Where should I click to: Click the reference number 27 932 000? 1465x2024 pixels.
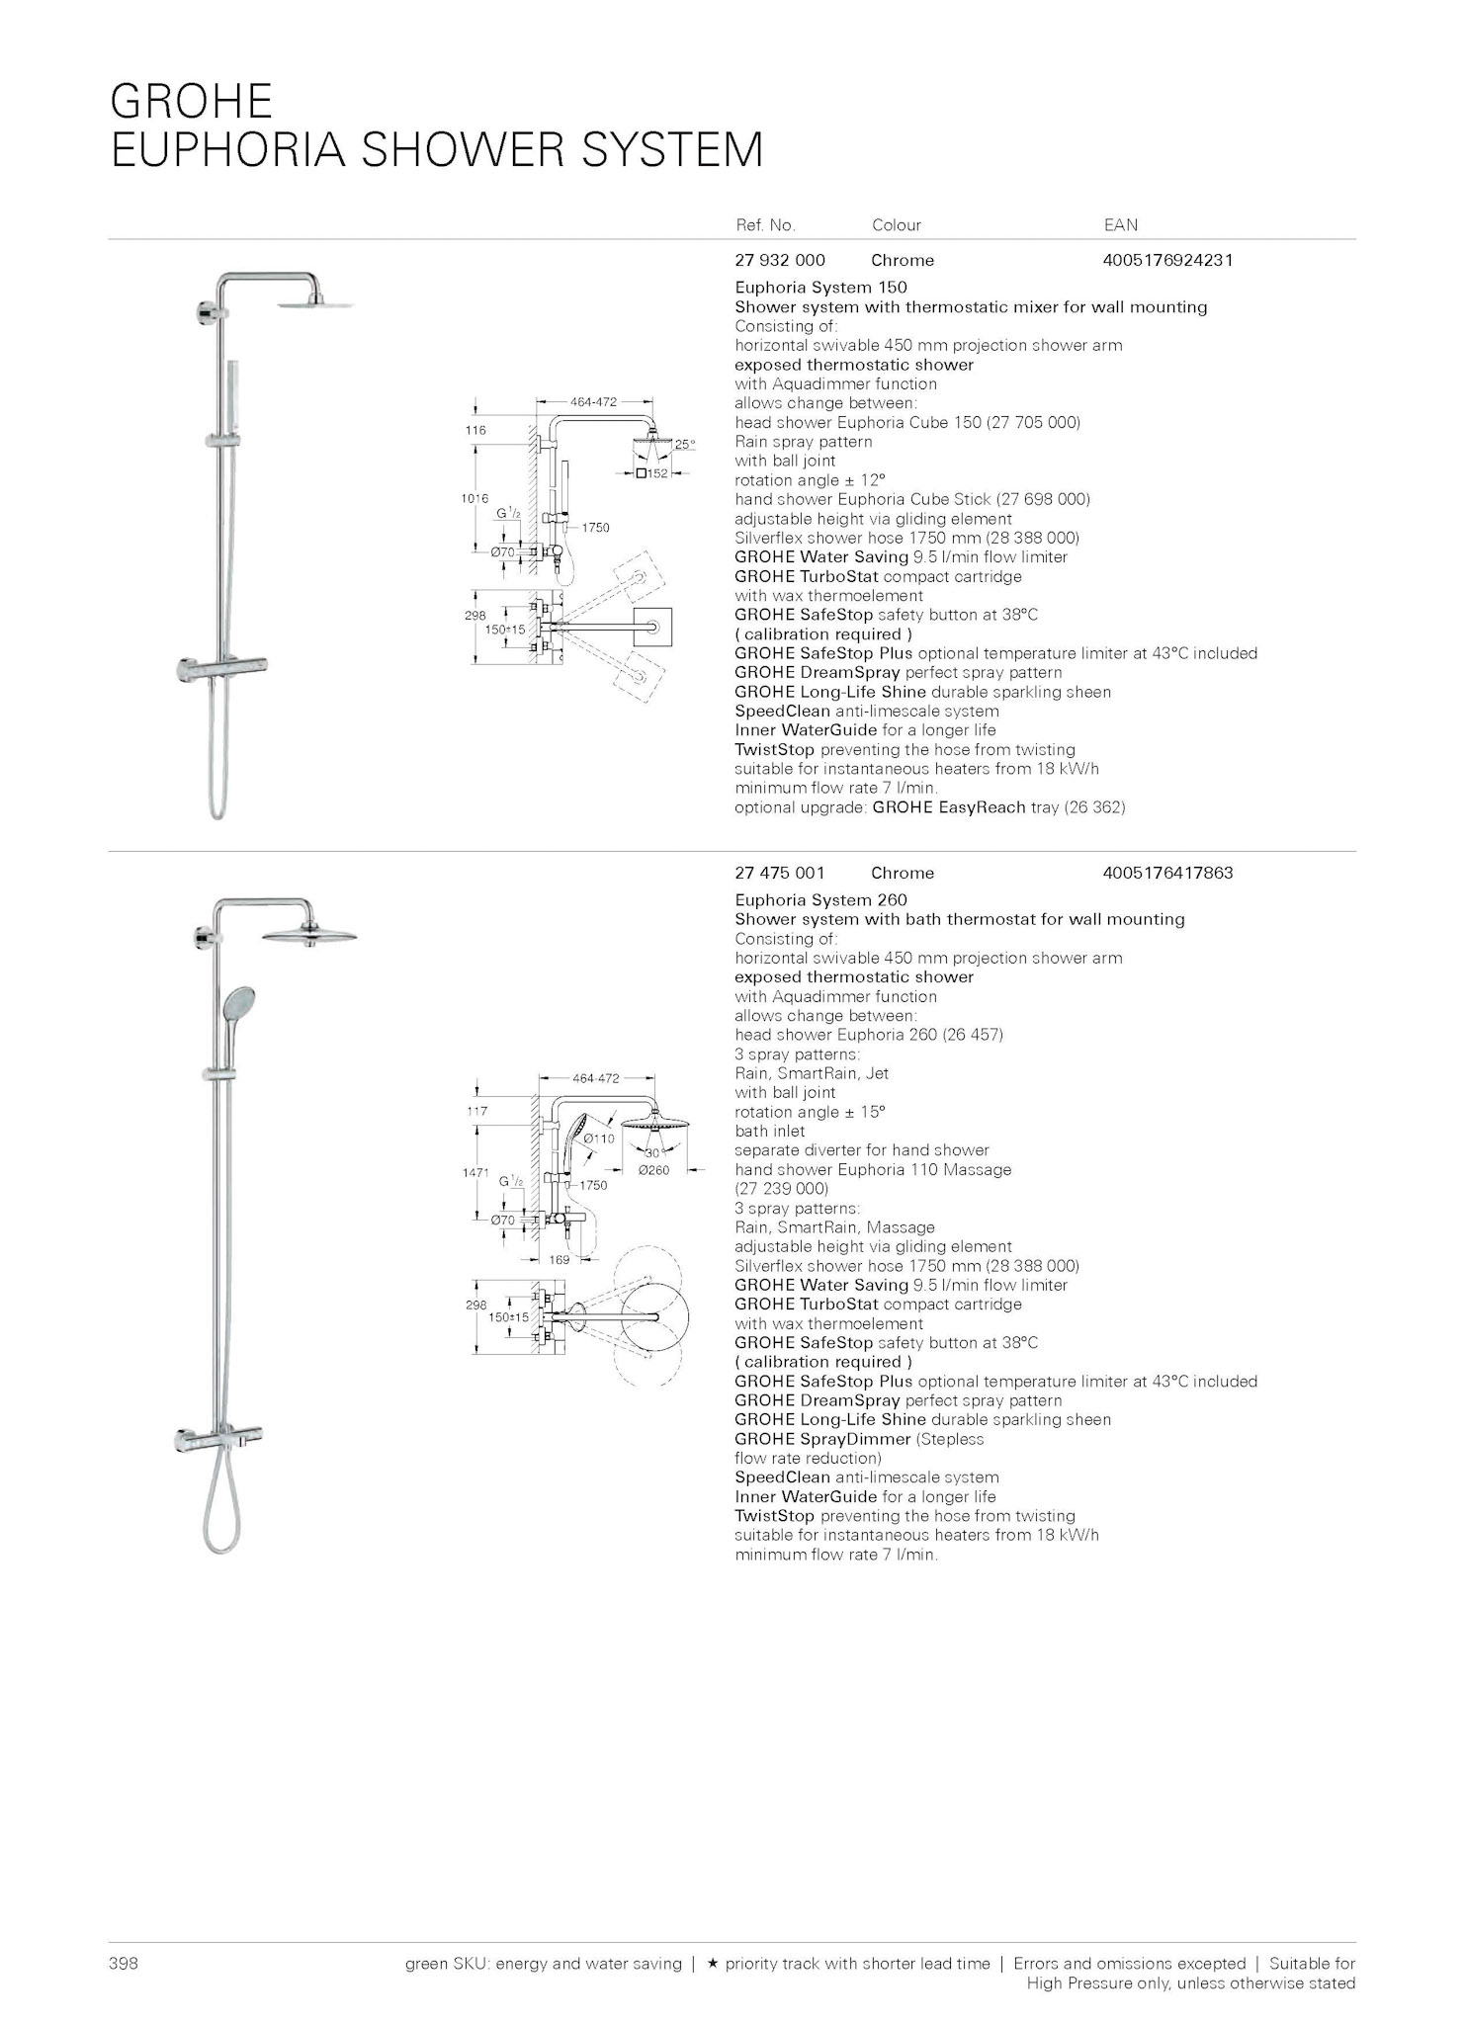[780, 261]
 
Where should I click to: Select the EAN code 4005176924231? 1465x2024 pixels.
[1167, 261]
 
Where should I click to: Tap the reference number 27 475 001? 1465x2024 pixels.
[780, 874]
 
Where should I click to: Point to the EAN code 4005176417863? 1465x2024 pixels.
[1167, 874]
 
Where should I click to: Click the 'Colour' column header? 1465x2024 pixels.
[896, 225]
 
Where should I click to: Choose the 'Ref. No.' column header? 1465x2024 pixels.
[765, 225]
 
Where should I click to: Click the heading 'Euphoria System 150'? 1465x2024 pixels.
[820, 288]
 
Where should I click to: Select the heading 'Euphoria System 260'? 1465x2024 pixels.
[820, 900]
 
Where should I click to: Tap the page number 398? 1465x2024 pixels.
[123, 1964]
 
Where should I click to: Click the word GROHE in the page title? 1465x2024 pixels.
[191, 102]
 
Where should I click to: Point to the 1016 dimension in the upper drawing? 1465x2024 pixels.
[474, 499]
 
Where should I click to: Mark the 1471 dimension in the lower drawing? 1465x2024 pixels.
[475, 1172]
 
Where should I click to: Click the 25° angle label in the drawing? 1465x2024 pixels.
[685, 445]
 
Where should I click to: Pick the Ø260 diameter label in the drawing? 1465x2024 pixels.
[653, 1170]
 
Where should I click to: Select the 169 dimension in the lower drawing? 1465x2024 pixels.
[560, 1260]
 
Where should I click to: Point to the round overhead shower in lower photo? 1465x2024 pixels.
[308, 935]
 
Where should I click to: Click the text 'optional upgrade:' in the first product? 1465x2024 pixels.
[801, 807]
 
